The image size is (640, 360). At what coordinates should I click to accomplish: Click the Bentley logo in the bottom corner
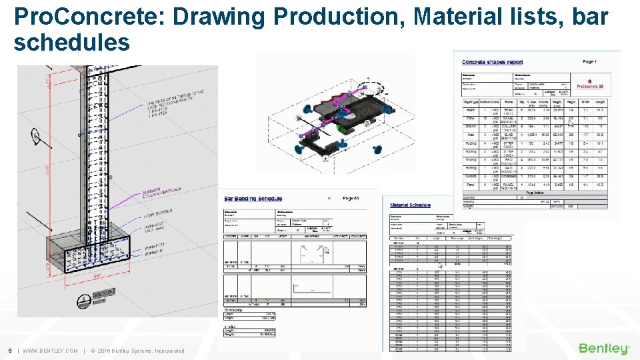coord(603,349)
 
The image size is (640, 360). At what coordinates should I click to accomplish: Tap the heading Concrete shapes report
coord(493,62)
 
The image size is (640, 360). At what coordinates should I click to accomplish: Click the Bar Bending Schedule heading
coord(253,199)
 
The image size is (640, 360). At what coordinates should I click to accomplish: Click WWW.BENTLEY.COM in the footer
coord(50,351)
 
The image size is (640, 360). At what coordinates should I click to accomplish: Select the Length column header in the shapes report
coord(601,102)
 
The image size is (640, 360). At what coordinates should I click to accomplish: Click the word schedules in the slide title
coord(71,43)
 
